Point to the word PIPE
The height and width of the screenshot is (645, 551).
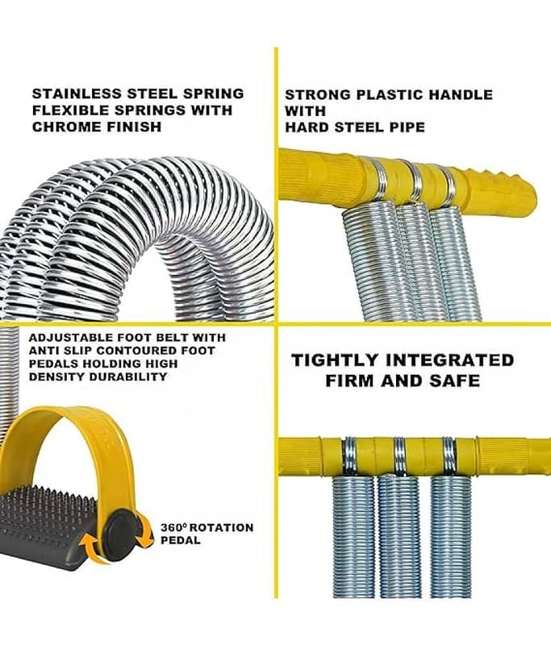tap(404, 127)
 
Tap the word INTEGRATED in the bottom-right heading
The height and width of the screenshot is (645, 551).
tap(450, 360)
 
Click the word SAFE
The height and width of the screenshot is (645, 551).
tap(455, 381)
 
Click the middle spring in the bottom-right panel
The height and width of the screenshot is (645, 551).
tap(399, 536)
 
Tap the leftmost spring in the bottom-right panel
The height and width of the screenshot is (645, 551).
tap(353, 536)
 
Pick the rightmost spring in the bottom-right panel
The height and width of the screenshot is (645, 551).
tap(451, 536)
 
